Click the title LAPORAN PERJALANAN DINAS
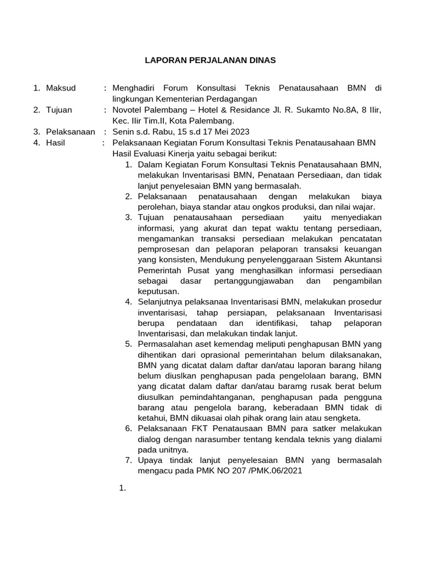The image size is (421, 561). (x=210, y=60)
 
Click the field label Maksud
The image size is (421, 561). (x=61, y=88)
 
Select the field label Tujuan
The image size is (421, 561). (x=59, y=110)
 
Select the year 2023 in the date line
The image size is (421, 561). (x=240, y=131)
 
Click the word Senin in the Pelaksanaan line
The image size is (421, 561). (x=123, y=131)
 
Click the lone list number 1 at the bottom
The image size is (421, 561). (x=122, y=488)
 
